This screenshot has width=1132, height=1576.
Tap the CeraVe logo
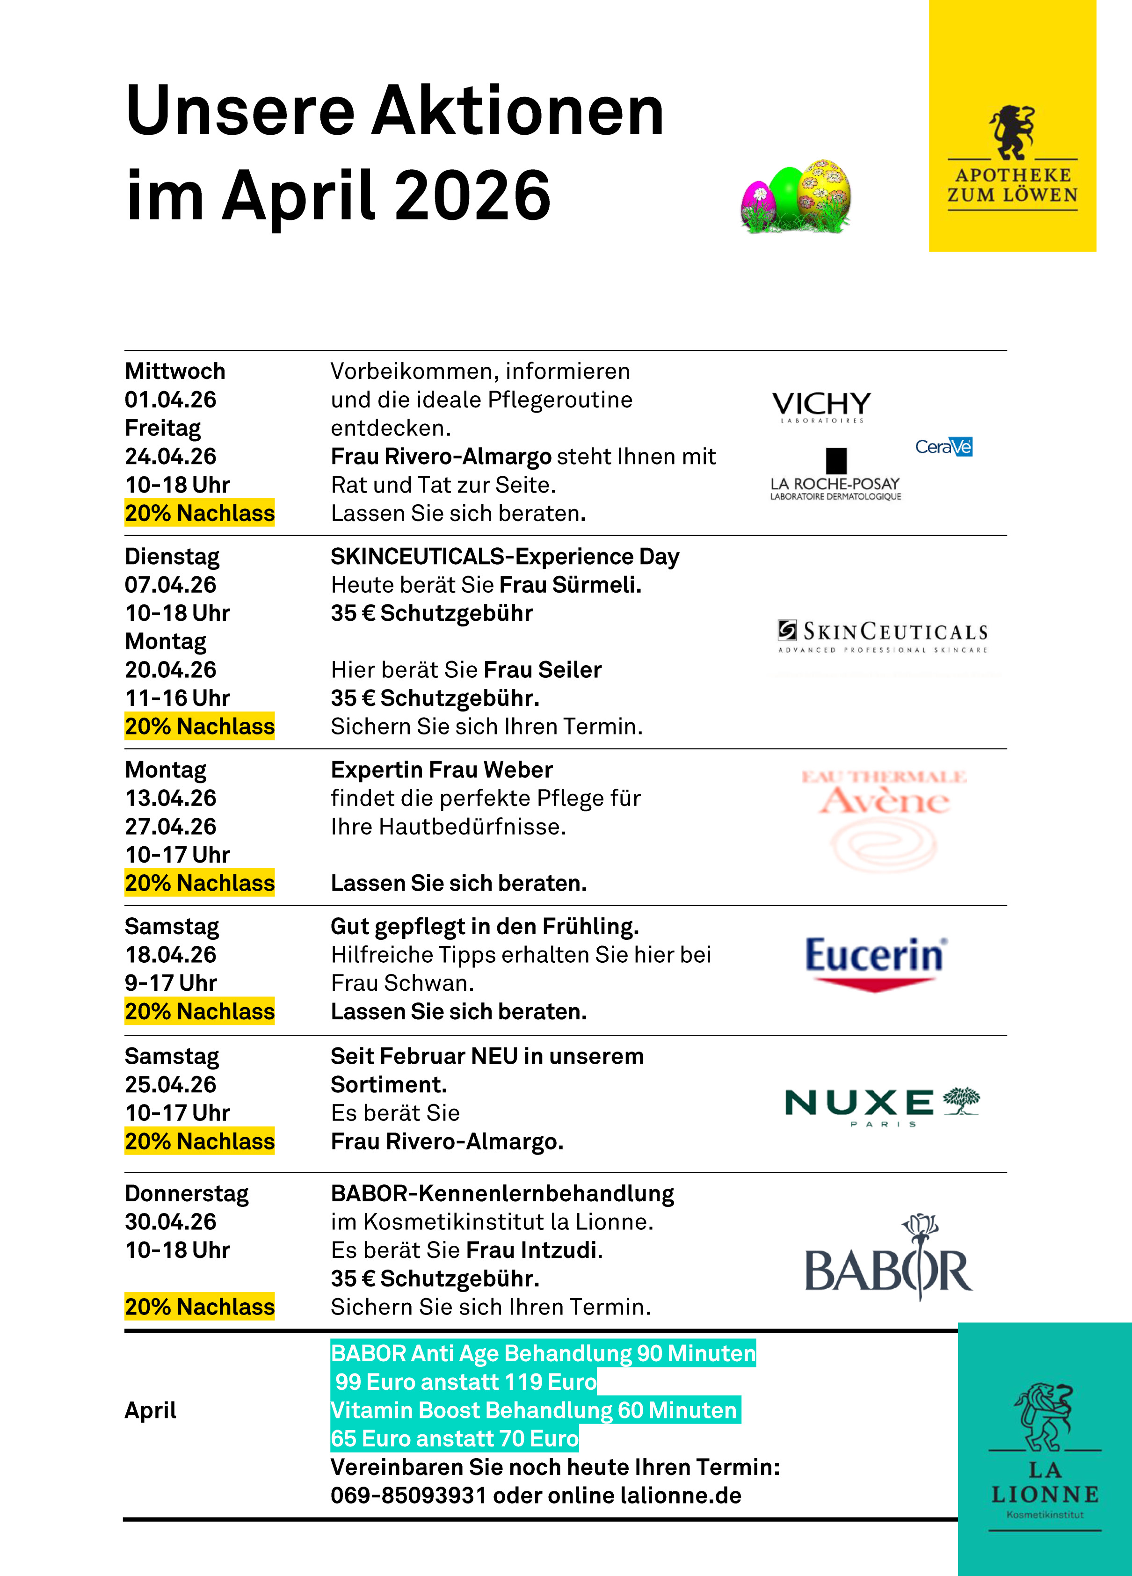943,447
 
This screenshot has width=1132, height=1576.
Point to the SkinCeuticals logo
883,636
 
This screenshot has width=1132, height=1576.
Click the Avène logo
884,820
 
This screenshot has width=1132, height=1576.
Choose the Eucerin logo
875,962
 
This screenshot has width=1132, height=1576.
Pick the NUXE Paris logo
882,1105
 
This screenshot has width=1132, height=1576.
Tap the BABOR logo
888,1259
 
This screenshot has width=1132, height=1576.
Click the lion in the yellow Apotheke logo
1012,132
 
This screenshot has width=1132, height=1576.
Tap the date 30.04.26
170,1221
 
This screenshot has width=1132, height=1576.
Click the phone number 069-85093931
409,1496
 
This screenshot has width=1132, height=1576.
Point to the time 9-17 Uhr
171,983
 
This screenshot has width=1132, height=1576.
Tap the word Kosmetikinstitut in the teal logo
1045,1515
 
